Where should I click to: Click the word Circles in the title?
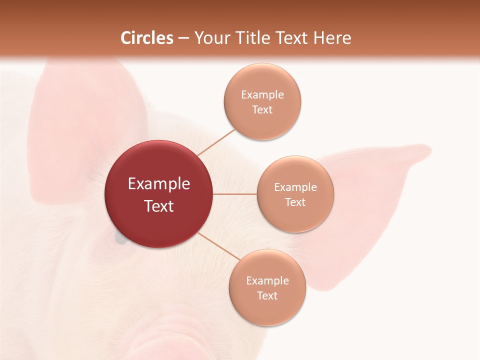click(147, 38)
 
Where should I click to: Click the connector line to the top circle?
click(216, 141)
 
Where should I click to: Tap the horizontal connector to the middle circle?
click(234, 194)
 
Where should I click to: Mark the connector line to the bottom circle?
click(219, 248)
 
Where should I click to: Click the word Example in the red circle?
click(159, 184)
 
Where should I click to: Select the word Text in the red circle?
click(159, 206)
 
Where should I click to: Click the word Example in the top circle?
click(262, 95)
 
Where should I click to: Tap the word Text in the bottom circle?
click(267, 295)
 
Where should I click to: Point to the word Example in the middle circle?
click(295, 187)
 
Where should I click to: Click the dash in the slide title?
click(183, 38)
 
